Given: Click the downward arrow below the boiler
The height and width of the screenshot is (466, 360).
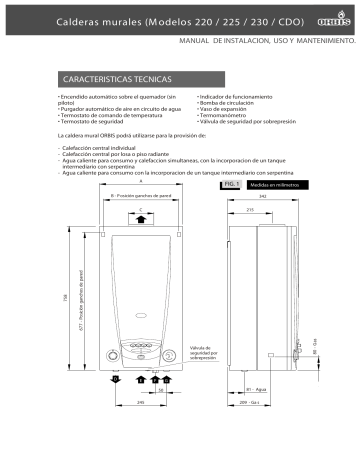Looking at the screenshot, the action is click(x=116, y=379).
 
